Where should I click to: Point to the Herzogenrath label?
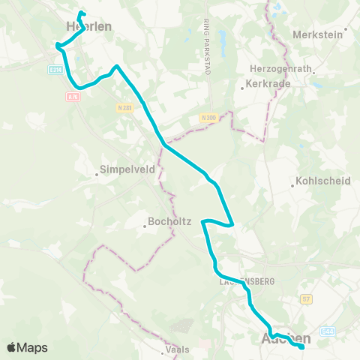pos(279,68)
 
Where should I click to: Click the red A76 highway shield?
pos(73,96)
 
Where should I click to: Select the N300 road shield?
pos(208,117)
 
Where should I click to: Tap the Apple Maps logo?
pos(27,347)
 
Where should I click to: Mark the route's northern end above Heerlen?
pos(80,13)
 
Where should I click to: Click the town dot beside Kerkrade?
pos(241,87)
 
